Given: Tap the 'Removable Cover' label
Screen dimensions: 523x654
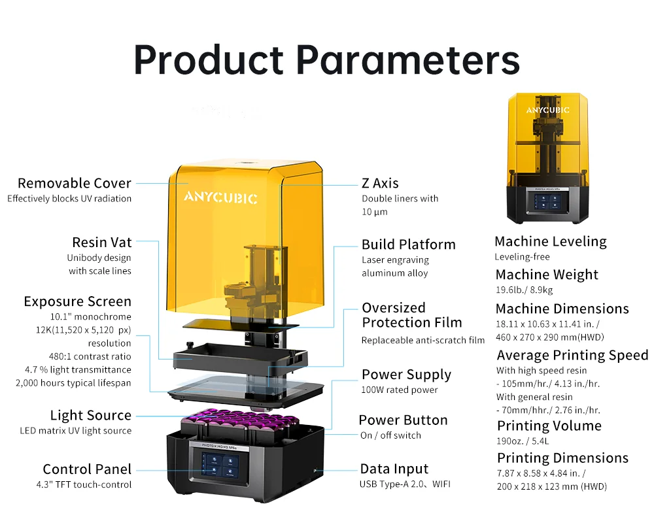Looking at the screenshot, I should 75,183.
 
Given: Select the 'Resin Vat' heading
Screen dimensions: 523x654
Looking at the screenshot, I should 101,242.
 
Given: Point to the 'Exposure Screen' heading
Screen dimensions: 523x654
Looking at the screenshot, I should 77,301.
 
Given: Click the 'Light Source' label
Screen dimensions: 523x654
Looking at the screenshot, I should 90,415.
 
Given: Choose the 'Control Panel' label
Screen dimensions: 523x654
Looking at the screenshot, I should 87,469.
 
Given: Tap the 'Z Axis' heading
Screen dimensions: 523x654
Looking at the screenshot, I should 380,183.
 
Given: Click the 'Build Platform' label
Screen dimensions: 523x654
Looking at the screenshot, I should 408,245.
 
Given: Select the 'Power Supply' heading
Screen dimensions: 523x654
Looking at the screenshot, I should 406,375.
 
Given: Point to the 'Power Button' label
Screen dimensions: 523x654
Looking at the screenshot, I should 403,420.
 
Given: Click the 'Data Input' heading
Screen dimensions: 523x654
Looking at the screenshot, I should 394,469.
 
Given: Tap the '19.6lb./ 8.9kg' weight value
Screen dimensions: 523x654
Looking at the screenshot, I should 524,290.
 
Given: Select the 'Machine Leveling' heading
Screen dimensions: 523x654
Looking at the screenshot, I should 551,241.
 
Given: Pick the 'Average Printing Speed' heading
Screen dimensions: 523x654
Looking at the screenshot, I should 572,355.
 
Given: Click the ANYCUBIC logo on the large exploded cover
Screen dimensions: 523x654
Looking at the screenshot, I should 220,197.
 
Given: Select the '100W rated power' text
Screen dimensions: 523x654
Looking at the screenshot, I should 400,390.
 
